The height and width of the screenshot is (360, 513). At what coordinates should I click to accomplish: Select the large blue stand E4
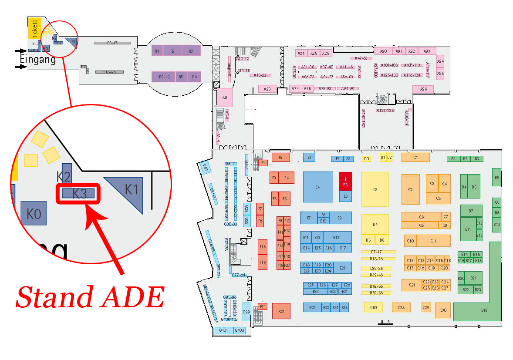(x=317, y=186)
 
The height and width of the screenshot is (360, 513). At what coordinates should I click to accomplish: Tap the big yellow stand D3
(x=375, y=189)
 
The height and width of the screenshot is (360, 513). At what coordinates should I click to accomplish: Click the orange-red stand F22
(x=281, y=311)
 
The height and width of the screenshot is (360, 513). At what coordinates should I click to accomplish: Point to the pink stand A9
(x=225, y=98)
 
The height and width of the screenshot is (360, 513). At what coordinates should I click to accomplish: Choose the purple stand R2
(x=172, y=51)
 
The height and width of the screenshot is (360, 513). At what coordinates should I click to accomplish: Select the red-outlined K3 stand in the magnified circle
(x=79, y=193)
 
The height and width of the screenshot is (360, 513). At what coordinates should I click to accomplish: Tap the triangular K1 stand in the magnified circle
(x=129, y=192)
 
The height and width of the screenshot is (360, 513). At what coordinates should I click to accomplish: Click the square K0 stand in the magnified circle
(x=34, y=213)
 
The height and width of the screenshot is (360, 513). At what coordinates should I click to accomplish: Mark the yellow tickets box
(x=34, y=28)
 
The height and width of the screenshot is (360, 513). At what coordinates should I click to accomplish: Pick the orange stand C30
(x=443, y=310)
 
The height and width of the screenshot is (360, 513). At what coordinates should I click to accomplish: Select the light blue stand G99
(x=246, y=312)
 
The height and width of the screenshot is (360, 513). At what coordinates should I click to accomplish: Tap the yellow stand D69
(x=373, y=308)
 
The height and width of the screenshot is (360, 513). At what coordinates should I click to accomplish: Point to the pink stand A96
(x=423, y=89)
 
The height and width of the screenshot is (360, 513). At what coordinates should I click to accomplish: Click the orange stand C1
(x=415, y=157)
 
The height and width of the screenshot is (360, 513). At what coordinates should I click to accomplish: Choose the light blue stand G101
(x=224, y=330)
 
